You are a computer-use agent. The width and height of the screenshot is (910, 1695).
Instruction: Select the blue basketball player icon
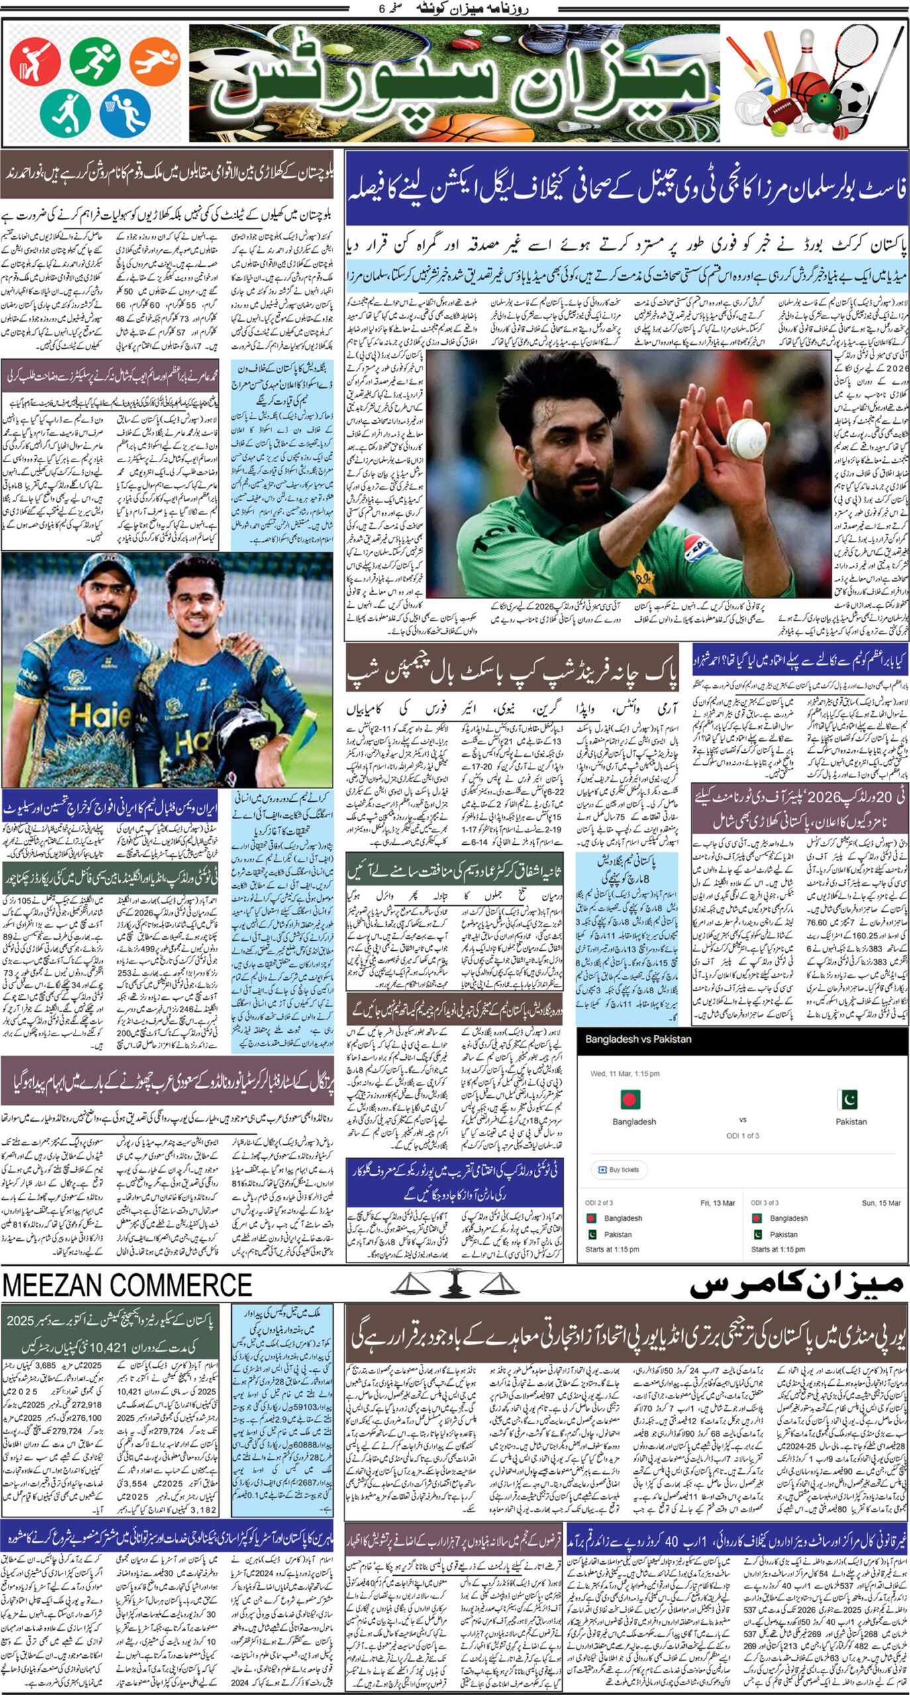click(125, 112)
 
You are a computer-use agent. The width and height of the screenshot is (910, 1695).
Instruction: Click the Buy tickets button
click(619, 1170)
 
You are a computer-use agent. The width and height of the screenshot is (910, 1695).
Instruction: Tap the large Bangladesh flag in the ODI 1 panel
click(630, 1099)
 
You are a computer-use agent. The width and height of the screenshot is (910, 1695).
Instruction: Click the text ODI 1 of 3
click(742, 1136)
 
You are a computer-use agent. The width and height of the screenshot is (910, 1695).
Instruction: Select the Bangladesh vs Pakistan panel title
click(638, 1040)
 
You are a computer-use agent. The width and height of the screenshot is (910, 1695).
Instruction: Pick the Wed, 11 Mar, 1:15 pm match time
click(625, 1074)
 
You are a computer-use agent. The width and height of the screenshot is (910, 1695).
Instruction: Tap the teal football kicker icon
click(64, 112)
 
